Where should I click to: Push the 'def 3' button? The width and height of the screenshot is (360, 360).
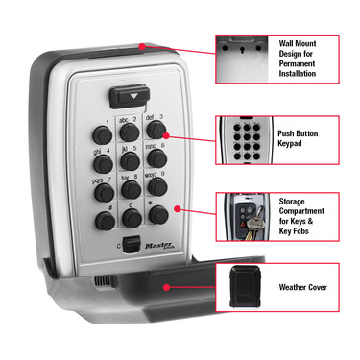[x=157, y=127]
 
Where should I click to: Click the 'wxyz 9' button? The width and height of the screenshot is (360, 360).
[x=158, y=180]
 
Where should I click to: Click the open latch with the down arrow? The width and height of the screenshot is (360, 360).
[x=129, y=97]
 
